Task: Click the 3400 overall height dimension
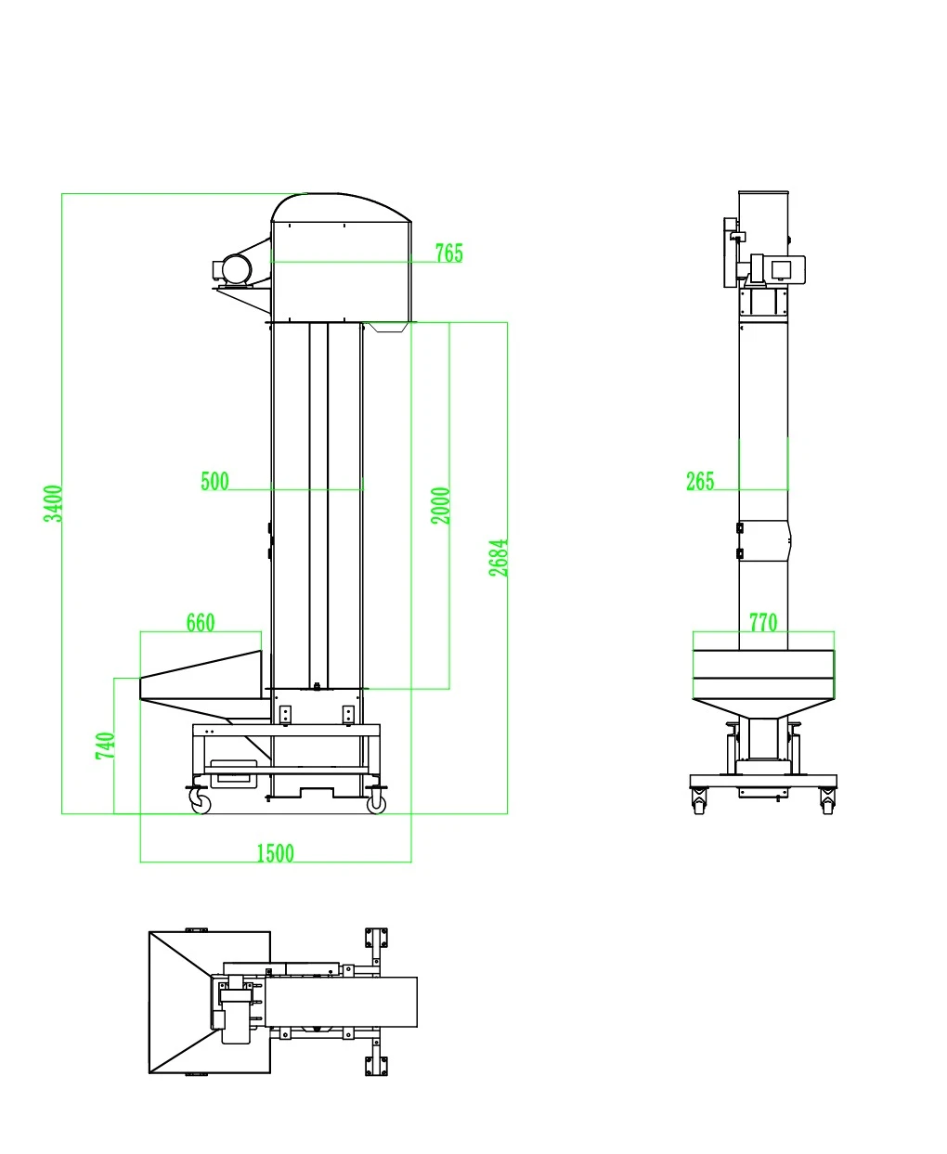(x=54, y=503)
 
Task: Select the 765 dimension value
(x=448, y=253)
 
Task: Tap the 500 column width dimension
(x=214, y=482)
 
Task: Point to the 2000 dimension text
(x=441, y=506)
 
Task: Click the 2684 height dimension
(x=499, y=558)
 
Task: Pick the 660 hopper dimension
(x=201, y=623)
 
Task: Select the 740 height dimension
(x=106, y=746)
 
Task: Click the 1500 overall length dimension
(x=275, y=853)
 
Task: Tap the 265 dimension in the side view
(x=700, y=481)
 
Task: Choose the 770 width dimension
(x=763, y=623)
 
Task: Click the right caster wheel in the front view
(x=376, y=804)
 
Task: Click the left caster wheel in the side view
(x=699, y=802)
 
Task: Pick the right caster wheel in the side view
(x=827, y=802)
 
